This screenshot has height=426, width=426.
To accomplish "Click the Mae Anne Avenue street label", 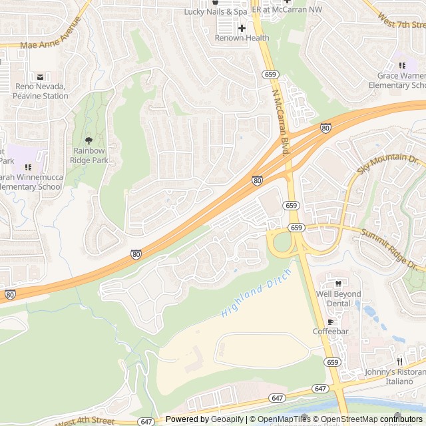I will click(x=51, y=38).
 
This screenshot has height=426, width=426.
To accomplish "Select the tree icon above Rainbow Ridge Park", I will click(x=89, y=140).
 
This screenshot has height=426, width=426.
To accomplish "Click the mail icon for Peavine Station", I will click(x=40, y=77).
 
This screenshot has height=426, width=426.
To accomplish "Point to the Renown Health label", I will click(x=242, y=38).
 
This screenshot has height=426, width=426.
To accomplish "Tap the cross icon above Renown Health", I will click(x=242, y=28).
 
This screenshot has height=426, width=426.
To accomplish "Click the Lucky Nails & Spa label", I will click(x=215, y=12).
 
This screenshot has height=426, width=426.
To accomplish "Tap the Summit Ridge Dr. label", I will click(x=393, y=249).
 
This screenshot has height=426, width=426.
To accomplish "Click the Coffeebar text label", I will click(x=330, y=331).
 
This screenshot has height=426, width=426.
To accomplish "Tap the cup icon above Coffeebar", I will click(x=330, y=321).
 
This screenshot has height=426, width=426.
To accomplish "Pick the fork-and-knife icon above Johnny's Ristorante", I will click(x=399, y=362).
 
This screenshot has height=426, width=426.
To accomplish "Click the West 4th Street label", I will click(x=85, y=420).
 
